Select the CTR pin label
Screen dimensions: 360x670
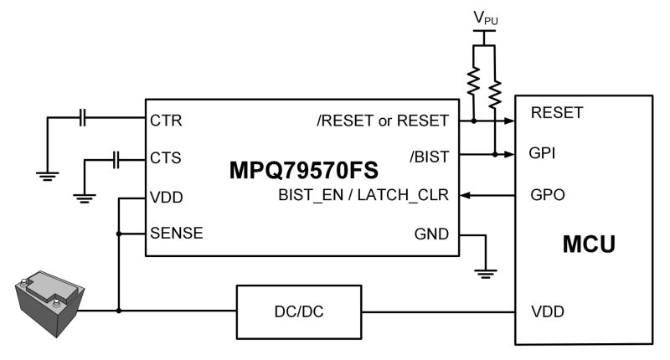(166, 120)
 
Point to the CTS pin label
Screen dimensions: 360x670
(166, 157)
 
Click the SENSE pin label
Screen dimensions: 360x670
(176, 233)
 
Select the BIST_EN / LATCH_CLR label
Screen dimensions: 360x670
(365, 195)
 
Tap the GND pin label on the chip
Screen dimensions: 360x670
(432, 234)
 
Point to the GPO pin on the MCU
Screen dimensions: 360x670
(548, 194)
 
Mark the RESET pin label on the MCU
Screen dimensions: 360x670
(557, 112)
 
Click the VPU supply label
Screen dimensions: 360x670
(485, 18)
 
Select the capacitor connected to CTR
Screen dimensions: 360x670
(82, 120)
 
